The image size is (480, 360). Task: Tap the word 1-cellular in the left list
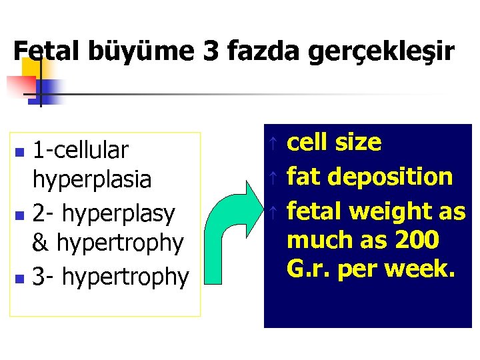81,151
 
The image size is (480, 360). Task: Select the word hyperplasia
92,180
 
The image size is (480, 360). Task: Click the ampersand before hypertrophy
41,243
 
